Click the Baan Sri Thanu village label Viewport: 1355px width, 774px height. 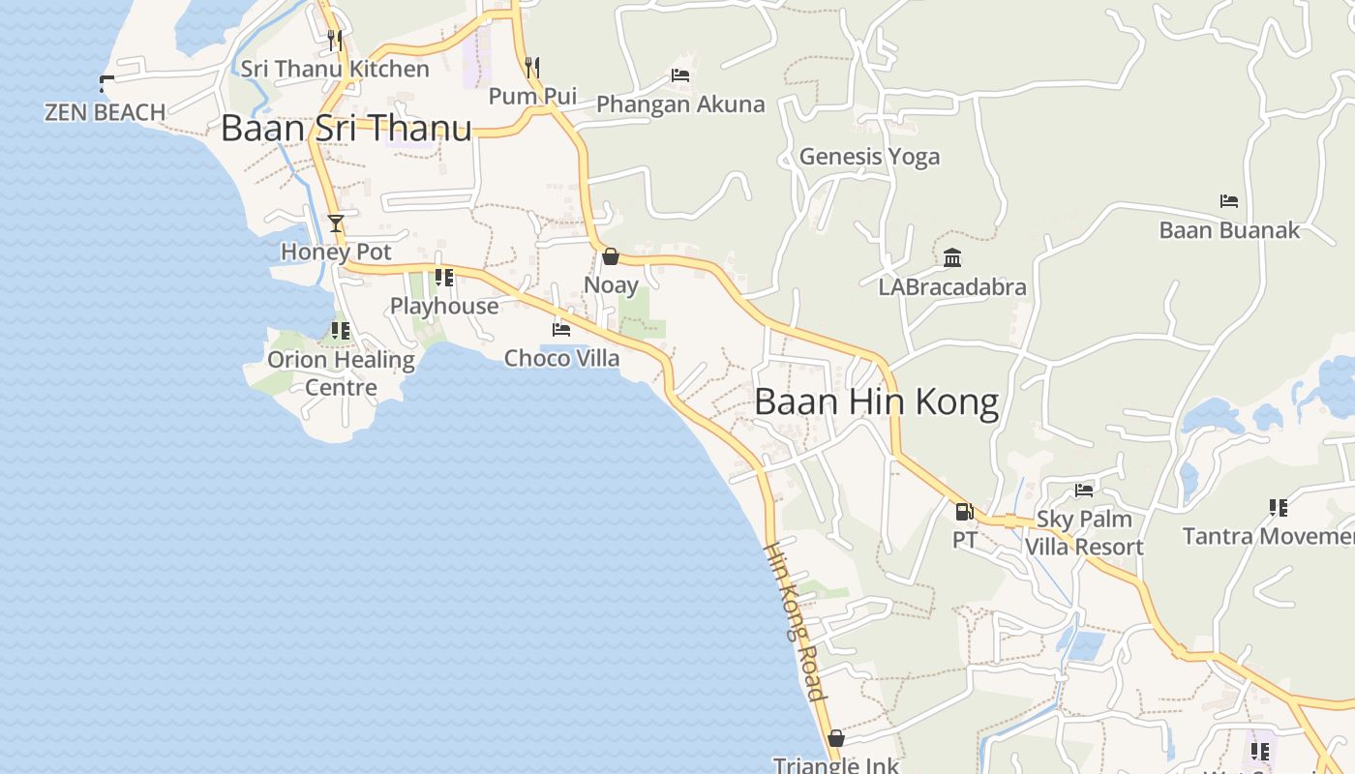(x=346, y=129)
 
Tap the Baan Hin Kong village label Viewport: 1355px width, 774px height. (x=876, y=402)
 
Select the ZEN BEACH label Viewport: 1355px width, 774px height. (x=105, y=112)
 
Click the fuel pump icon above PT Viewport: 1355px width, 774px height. (x=964, y=512)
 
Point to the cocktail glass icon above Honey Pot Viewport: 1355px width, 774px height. (x=336, y=223)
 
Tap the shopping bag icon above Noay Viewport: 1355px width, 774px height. (x=611, y=256)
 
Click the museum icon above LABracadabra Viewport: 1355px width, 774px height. (x=952, y=258)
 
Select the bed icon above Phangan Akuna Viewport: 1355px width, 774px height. (x=680, y=75)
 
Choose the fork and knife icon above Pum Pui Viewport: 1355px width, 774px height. (x=532, y=67)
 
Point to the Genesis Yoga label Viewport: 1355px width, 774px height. (x=869, y=157)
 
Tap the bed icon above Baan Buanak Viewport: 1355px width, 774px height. (x=1229, y=201)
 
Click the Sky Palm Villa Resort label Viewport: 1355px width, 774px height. (x=1084, y=533)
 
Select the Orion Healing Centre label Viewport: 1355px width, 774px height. (x=341, y=373)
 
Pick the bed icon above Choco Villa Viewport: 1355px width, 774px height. (x=561, y=330)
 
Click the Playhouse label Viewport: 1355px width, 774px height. (x=444, y=306)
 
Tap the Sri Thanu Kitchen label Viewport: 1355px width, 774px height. (x=335, y=69)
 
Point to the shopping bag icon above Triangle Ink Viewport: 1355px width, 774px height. (x=836, y=739)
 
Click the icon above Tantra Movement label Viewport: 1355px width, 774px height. (x=1278, y=507)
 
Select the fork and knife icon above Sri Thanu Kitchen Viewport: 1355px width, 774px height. (x=335, y=40)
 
